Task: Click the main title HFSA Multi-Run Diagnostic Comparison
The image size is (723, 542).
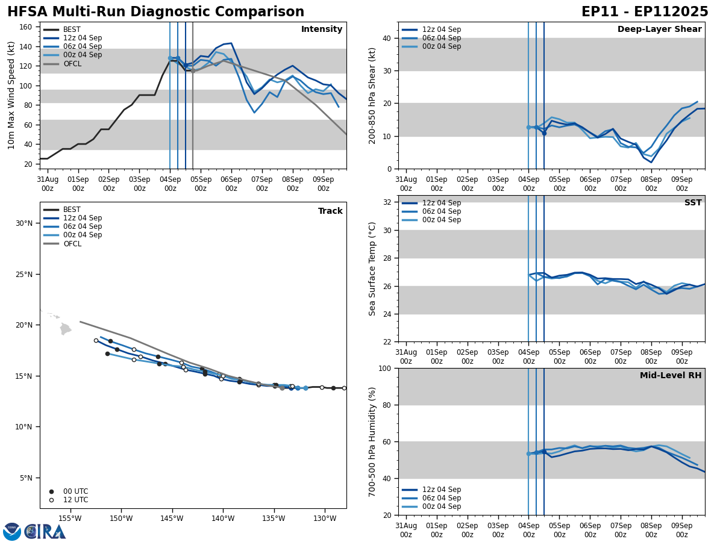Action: [155, 12]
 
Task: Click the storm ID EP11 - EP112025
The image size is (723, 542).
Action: [645, 12]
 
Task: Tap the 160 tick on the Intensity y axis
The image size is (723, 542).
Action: [27, 27]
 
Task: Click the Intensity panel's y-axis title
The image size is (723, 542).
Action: [11, 95]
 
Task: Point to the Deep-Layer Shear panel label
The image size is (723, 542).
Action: [659, 30]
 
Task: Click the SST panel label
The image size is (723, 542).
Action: [692, 203]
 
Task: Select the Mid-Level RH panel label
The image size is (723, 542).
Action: [671, 376]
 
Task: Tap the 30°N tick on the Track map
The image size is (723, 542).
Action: [23, 223]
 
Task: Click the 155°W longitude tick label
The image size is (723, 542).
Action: [70, 519]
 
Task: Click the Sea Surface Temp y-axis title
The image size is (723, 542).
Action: [372, 269]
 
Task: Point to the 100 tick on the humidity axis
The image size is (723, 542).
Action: [386, 369]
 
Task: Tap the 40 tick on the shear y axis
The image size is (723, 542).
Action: [386, 38]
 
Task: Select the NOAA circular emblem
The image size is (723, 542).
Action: [12, 531]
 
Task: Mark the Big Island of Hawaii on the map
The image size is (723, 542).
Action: [66, 329]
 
